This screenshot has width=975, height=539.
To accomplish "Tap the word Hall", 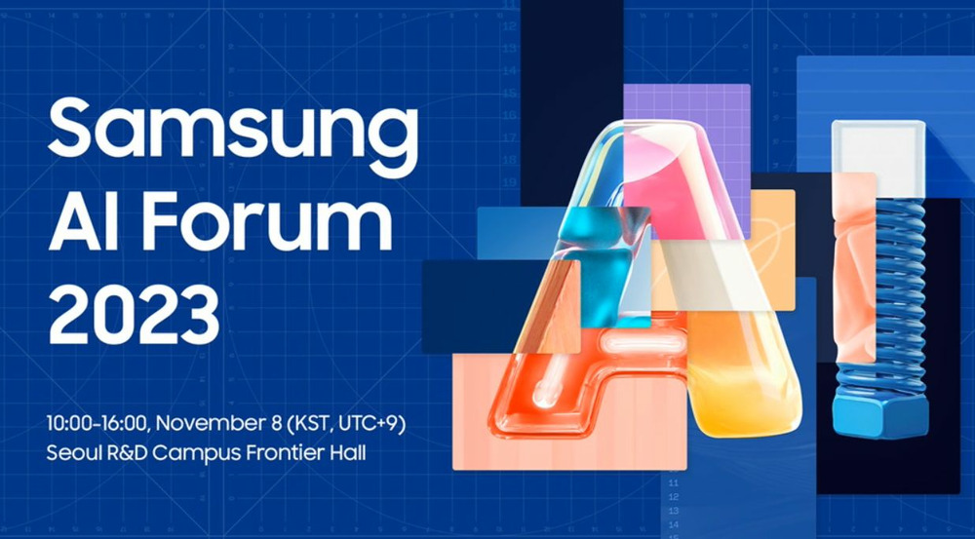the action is (x=348, y=452).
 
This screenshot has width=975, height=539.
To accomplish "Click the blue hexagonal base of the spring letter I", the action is (x=880, y=414).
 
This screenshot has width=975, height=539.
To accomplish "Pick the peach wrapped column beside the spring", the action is (x=856, y=267).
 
